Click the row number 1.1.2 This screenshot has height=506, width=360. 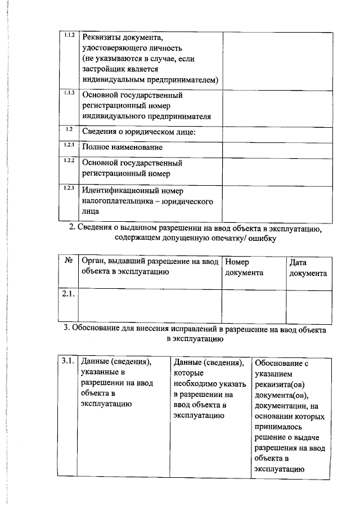click(70, 35)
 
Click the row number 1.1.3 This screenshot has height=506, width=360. click(70, 93)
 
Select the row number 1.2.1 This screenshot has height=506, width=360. click(70, 145)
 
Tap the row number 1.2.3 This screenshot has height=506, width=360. click(70, 187)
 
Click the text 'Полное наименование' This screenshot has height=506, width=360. click(122, 147)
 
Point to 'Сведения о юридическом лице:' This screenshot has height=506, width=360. click(138, 132)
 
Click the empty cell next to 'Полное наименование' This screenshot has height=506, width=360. click(276, 148)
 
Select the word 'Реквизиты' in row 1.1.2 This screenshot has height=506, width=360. click(103, 38)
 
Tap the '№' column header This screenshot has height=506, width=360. click(68, 262)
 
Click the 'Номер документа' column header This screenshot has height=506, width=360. click(244, 267)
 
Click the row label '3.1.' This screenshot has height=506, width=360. click(68, 361)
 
